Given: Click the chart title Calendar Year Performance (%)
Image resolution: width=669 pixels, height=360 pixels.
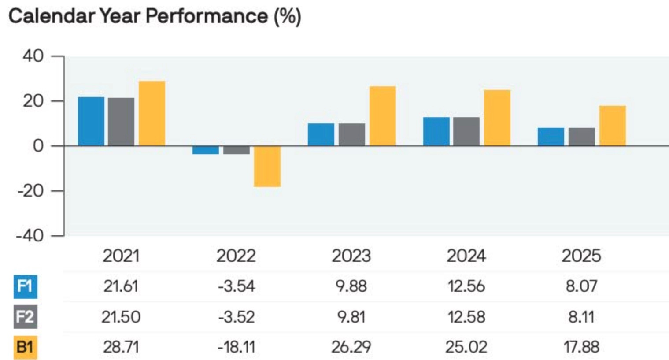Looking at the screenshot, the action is coord(155,16).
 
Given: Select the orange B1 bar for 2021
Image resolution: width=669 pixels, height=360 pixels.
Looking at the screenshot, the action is coord(152,113).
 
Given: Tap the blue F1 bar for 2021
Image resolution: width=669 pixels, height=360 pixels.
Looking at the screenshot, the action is coord(91,121).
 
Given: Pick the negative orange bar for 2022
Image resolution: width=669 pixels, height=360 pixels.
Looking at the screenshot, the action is coord(267,167).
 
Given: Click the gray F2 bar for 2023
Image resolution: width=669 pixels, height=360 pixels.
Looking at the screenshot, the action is coord(352,134).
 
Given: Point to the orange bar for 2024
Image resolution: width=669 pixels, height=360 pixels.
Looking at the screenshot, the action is coord(497,118).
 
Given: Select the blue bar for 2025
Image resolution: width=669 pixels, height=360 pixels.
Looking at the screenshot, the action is coord(551,137).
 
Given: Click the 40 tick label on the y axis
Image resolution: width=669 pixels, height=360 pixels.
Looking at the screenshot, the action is coord(33,56).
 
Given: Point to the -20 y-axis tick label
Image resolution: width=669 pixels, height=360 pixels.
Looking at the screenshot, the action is coord(31,191).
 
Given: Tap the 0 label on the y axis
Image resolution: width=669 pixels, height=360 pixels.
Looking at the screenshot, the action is coord(38,146).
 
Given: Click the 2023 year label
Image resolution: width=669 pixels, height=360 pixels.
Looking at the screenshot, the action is coord(351,256).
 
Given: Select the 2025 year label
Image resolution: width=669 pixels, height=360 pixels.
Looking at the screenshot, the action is coord(581,256).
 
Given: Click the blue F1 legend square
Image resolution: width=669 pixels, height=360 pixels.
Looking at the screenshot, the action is coord(26,287).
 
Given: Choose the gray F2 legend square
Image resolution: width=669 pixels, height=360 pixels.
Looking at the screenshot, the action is coord(26,317).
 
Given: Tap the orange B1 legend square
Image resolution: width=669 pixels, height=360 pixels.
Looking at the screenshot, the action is coord(26,347).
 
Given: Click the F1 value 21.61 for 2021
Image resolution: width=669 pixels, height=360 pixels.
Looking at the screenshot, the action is coord(121,286).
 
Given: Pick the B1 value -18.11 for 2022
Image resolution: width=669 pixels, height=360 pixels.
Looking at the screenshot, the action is coord(237,347).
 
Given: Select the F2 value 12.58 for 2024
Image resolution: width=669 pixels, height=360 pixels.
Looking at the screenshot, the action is coord(466,317).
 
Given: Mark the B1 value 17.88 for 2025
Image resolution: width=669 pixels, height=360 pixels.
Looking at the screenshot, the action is coord(581,347).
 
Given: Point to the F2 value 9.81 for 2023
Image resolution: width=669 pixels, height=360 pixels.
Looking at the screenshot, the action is coord(351,317).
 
